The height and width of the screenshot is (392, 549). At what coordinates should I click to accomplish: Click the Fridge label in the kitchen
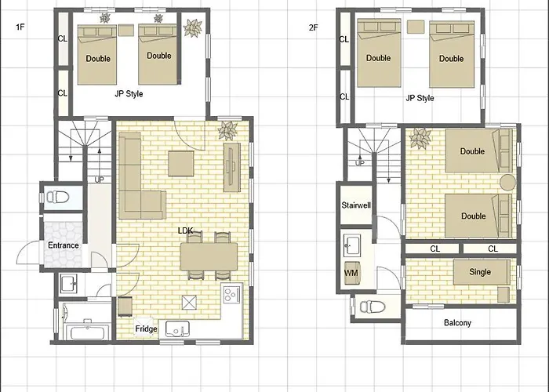point(146,329)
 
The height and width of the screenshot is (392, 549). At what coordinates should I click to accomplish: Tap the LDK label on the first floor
point(185,230)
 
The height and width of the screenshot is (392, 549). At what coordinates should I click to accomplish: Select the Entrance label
point(64,245)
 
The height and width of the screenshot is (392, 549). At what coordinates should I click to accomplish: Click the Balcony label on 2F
point(457,323)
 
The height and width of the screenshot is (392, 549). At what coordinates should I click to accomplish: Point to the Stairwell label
point(356,205)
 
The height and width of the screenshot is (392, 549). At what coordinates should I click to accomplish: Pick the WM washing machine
point(352,273)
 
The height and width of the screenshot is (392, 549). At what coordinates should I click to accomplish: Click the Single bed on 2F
point(482,272)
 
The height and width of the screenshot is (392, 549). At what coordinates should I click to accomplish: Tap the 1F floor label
point(20,27)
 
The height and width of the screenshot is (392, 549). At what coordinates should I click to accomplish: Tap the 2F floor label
point(314,27)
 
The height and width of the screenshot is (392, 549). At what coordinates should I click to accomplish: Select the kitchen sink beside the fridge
point(177,328)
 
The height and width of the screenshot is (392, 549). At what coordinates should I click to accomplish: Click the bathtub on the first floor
point(89,332)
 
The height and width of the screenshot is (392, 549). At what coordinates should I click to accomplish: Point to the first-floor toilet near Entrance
point(57,197)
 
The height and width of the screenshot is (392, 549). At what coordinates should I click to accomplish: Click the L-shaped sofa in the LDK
point(140,176)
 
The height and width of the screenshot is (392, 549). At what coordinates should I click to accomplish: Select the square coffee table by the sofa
point(180,163)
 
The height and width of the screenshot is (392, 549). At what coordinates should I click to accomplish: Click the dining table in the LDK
point(209,256)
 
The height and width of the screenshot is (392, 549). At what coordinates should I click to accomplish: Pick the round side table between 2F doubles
point(507,183)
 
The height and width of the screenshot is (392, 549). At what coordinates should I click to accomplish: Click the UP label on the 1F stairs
point(100,180)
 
